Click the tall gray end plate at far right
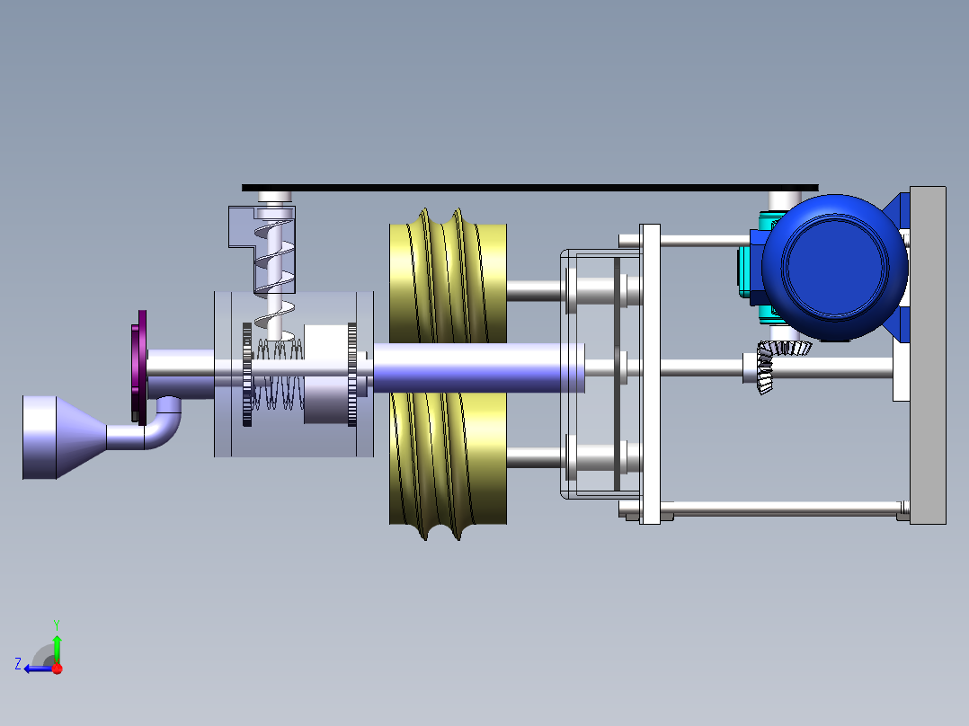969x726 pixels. click(928, 355)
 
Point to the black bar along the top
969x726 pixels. click(530, 188)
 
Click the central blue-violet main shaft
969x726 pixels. click(476, 367)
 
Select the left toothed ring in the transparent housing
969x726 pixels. click(247, 376)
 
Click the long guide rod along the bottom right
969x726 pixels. click(782, 509)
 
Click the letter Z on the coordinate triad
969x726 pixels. click(18, 663)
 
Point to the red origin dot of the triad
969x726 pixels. click(57, 668)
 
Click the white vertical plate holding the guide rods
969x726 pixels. click(649, 373)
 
